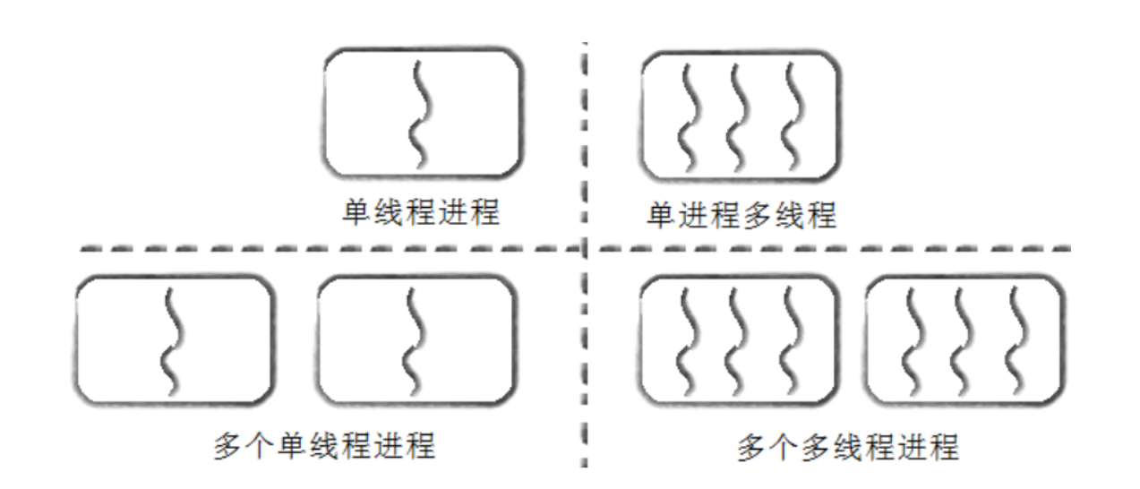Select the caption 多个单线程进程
click(325, 445)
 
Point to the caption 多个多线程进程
click(847, 446)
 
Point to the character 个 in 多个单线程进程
click(259, 445)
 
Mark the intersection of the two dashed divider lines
click(584, 246)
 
